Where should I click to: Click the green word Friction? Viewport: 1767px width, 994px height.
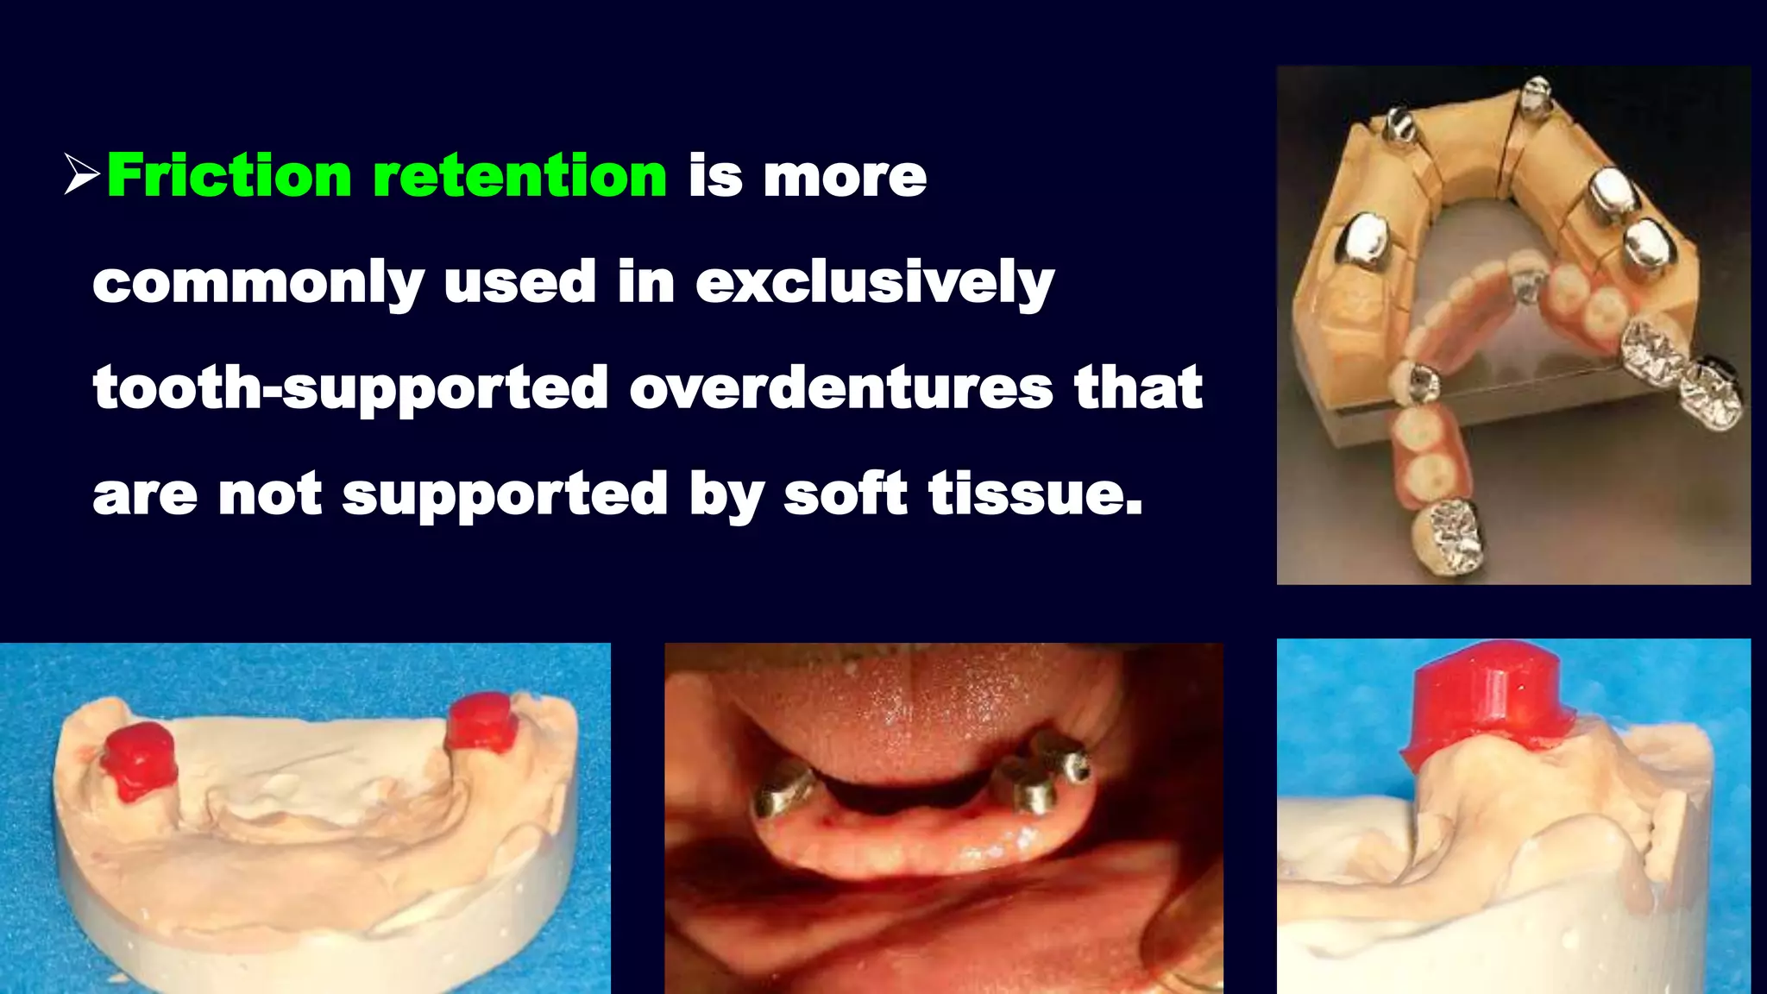229,176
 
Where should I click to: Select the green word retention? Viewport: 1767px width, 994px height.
519,176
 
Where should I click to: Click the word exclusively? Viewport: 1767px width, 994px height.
874,282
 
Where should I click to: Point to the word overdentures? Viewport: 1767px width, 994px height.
841,387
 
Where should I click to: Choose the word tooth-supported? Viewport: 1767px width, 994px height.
350,387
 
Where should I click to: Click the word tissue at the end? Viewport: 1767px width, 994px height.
1034,494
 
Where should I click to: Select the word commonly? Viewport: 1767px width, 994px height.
258,282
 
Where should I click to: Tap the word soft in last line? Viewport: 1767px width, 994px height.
845,494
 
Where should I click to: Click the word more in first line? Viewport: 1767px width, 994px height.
845,176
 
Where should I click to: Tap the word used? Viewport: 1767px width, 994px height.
519,282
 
